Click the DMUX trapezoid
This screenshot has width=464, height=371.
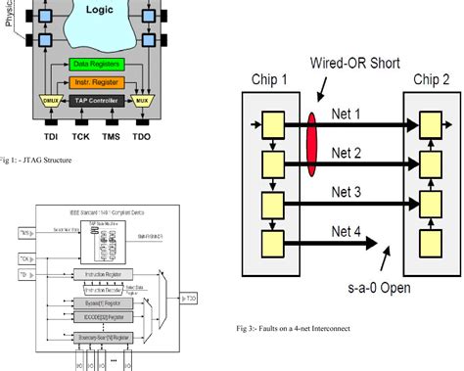pos(49,101)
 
